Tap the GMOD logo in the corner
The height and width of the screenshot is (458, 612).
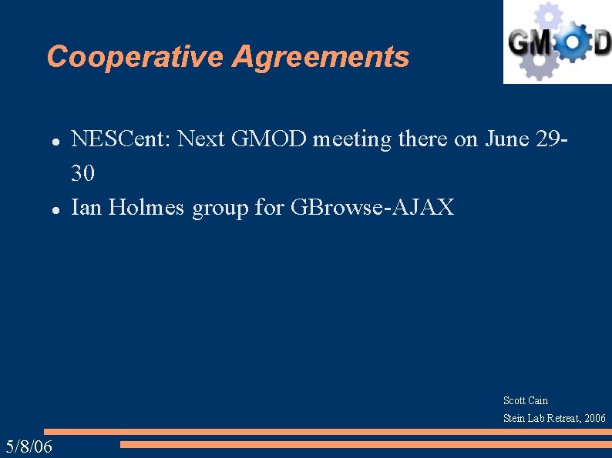pyautogui.click(x=557, y=42)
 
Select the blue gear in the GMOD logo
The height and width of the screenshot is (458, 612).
pyautogui.click(x=571, y=43)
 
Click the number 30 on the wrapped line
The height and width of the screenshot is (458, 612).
pyautogui.click(x=83, y=174)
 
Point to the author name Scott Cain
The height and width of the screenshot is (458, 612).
pyautogui.click(x=526, y=400)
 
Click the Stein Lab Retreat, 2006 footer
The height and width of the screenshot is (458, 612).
pyautogui.click(x=554, y=418)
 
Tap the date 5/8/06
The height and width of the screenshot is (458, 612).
pyautogui.click(x=29, y=446)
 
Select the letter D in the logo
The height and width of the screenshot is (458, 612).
pyautogui.click(x=601, y=43)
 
